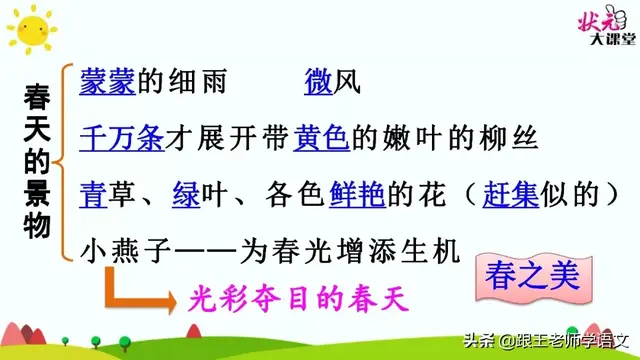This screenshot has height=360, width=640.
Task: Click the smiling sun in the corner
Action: click(x=28, y=29)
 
